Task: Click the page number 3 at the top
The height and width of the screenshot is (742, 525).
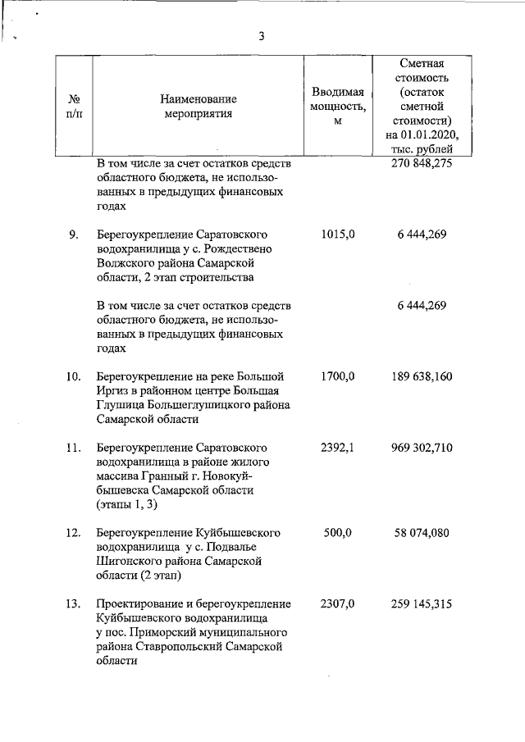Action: coord(262,36)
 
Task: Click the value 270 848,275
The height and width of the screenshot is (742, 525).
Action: coord(422,163)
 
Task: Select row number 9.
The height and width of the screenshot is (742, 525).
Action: coord(73,235)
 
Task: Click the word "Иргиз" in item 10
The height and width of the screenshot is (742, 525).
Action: coord(112,391)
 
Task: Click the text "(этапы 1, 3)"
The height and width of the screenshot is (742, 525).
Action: coord(127,503)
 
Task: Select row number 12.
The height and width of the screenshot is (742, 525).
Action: coord(73,533)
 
